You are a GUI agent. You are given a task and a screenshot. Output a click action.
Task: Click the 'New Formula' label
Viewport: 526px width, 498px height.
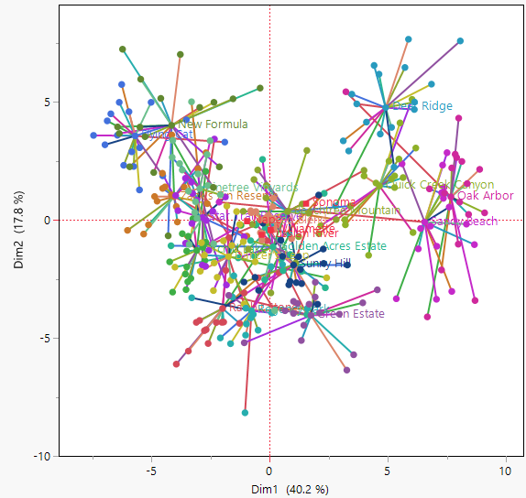pos(214,124)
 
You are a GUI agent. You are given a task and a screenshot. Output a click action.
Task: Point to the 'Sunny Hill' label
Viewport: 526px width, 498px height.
pos(325,264)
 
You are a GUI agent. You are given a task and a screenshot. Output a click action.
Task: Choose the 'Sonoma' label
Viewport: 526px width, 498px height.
pos(334,202)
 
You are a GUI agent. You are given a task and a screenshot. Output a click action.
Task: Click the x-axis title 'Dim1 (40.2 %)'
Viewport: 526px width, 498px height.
pos(290,489)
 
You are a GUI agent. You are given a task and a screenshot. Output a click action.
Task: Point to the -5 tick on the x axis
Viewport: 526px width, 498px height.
pos(151,470)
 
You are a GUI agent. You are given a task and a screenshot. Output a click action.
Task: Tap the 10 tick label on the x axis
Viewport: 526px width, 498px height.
pos(504,470)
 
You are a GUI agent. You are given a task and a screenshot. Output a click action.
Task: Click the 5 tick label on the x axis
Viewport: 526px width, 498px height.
pos(387,470)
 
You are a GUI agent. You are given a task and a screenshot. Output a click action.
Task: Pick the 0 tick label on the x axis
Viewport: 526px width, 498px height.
pos(269,470)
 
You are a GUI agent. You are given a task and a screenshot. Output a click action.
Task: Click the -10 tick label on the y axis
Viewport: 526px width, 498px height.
pos(39,456)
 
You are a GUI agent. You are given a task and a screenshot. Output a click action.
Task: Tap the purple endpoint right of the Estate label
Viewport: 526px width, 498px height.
pos(377,290)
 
